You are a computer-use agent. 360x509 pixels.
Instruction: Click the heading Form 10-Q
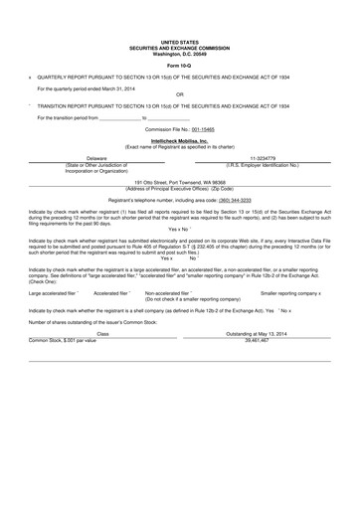(180, 65)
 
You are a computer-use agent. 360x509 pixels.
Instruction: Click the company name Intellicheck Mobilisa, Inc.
(180, 140)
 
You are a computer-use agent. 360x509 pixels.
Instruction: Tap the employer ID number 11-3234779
(263, 158)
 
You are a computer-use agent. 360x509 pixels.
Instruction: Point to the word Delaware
(96, 158)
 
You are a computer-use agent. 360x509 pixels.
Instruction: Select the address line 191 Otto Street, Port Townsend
(180, 182)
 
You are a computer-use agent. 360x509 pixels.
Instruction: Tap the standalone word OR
(180, 95)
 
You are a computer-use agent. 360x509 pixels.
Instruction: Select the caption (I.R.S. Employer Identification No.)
(263, 164)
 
